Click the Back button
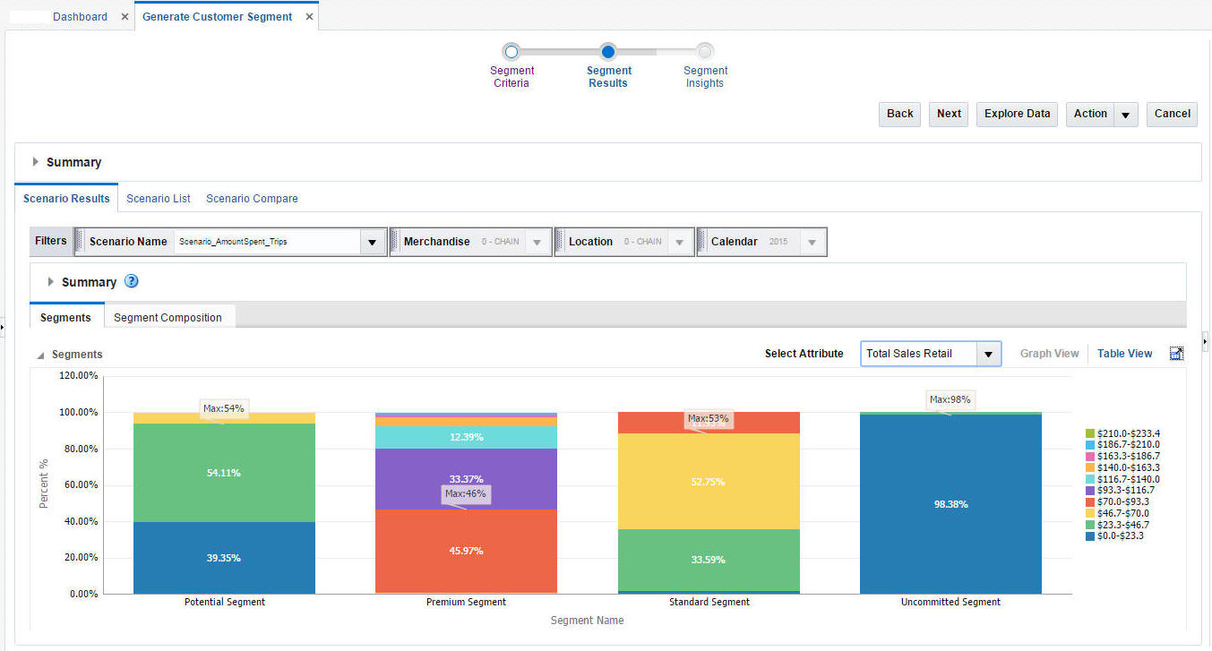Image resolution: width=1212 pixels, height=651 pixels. coord(899,114)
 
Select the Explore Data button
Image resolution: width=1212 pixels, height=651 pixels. coord(1017,114)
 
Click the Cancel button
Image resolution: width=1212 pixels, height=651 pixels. coord(1172,114)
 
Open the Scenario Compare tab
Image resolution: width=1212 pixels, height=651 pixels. coord(252,199)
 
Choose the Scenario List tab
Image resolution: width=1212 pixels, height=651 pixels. coord(159,199)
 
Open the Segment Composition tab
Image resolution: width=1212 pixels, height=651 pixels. coord(168,318)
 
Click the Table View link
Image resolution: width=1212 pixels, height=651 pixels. coord(1124,354)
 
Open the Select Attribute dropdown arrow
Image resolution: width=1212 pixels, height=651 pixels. coord(988,354)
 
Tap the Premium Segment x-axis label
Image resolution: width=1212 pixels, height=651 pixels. coord(466,602)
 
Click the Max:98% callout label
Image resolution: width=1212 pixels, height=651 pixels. coord(950,399)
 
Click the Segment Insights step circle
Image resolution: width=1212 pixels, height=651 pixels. coord(705,52)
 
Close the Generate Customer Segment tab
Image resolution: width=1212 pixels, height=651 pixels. coord(309,17)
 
